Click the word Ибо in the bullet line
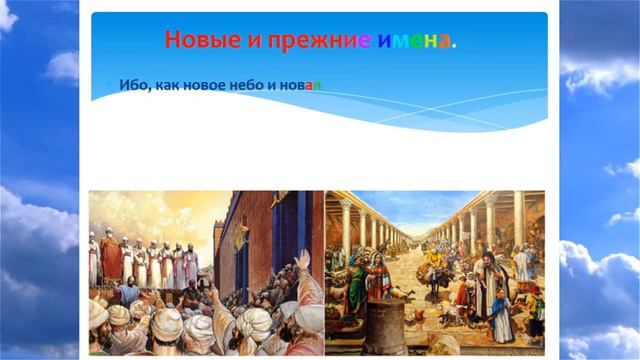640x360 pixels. (132, 85)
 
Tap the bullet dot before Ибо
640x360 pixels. (110, 85)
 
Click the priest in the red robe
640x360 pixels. (111, 258)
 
